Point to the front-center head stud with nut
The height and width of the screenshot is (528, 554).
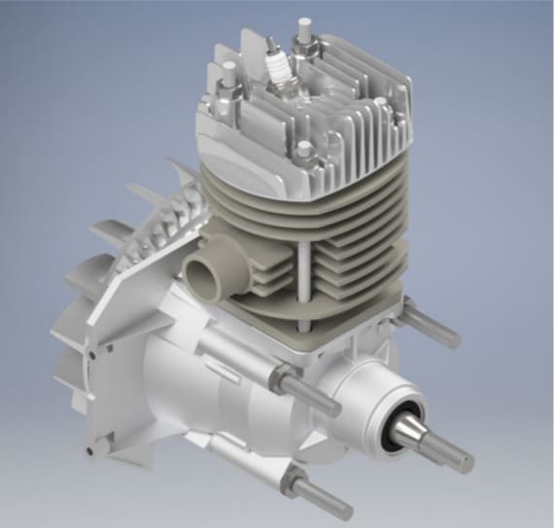[x=306, y=152]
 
